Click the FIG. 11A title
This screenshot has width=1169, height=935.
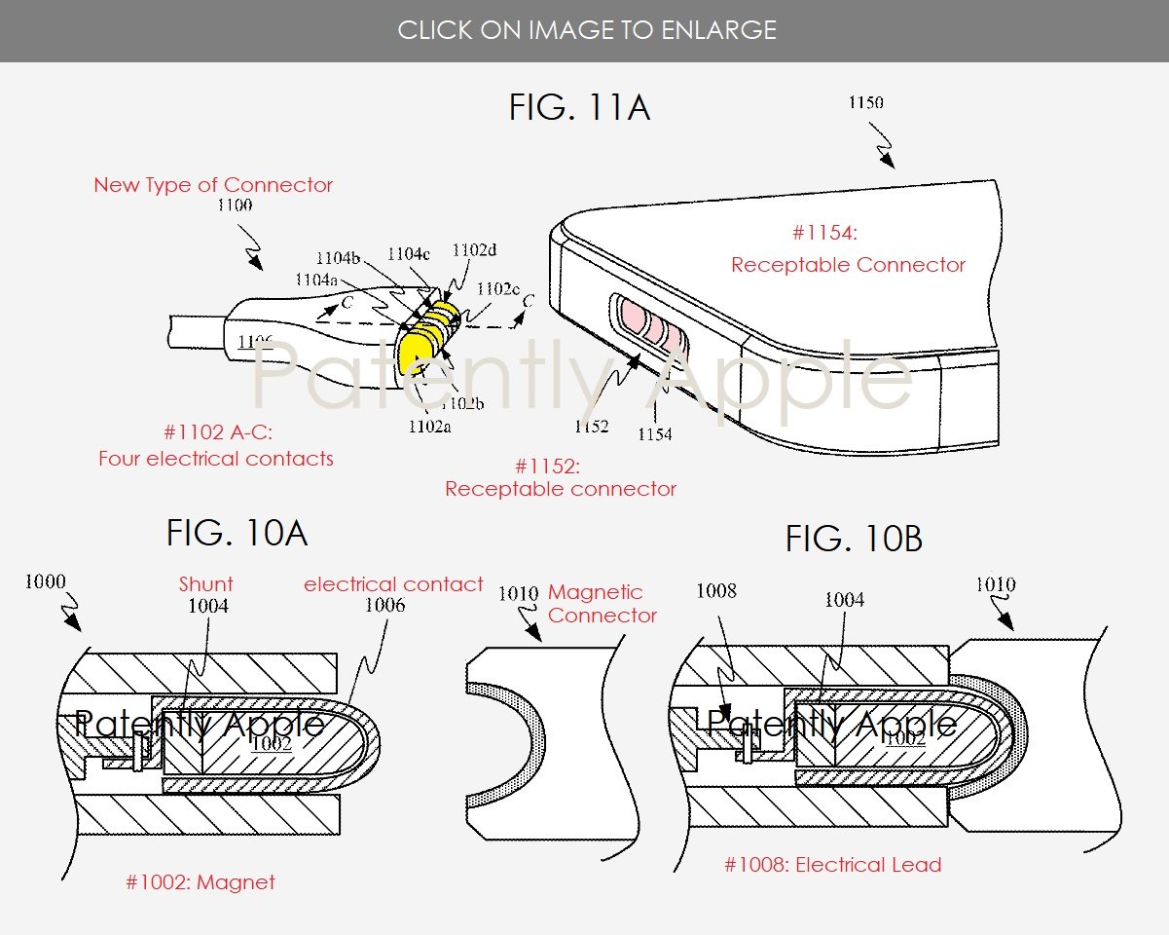(x=579, y=107)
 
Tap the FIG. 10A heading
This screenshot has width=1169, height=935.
(x=237, y=533)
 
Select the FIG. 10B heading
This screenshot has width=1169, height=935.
(x=854, y=539)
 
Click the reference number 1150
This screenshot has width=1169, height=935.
(x=865, y=102)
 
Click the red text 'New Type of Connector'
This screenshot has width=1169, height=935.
(x=213, y=185)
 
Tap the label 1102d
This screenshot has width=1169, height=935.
(x=474, y=250)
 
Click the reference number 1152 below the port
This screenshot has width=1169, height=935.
(x=591, y=426)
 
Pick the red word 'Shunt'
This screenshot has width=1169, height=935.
(x=206, y=584)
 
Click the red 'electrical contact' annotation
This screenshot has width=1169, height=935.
(x=393, y=584)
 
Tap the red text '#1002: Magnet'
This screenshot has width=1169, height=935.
(x=201, y=882)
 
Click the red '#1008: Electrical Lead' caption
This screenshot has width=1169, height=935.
(x=832, y=865)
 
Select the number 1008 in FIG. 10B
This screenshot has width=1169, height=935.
(x=716, y=590)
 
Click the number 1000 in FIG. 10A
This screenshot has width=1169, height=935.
(x=45, y=582)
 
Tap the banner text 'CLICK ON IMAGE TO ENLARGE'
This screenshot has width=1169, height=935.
(x=587, y=30)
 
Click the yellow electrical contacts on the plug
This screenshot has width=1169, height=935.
(x=428, y=336)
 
